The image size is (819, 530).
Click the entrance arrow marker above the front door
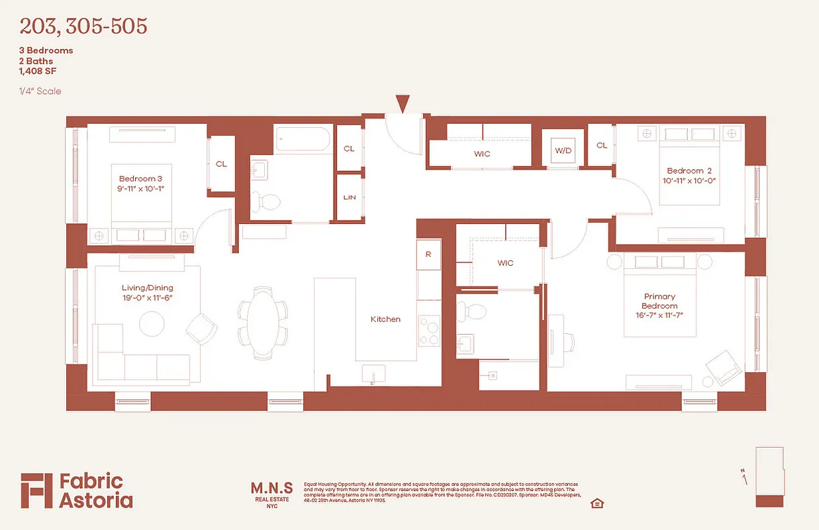403,103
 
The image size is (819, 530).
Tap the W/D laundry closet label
563,150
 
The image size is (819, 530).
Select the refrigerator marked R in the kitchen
428,254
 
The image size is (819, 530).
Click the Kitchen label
385,319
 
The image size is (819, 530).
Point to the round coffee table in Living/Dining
152,323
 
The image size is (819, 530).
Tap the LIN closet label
349,197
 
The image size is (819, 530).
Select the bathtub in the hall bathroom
303,140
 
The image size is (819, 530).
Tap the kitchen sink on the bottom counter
373,374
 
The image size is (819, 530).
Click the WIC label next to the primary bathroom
505,263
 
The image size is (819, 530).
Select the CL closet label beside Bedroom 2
602,145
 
